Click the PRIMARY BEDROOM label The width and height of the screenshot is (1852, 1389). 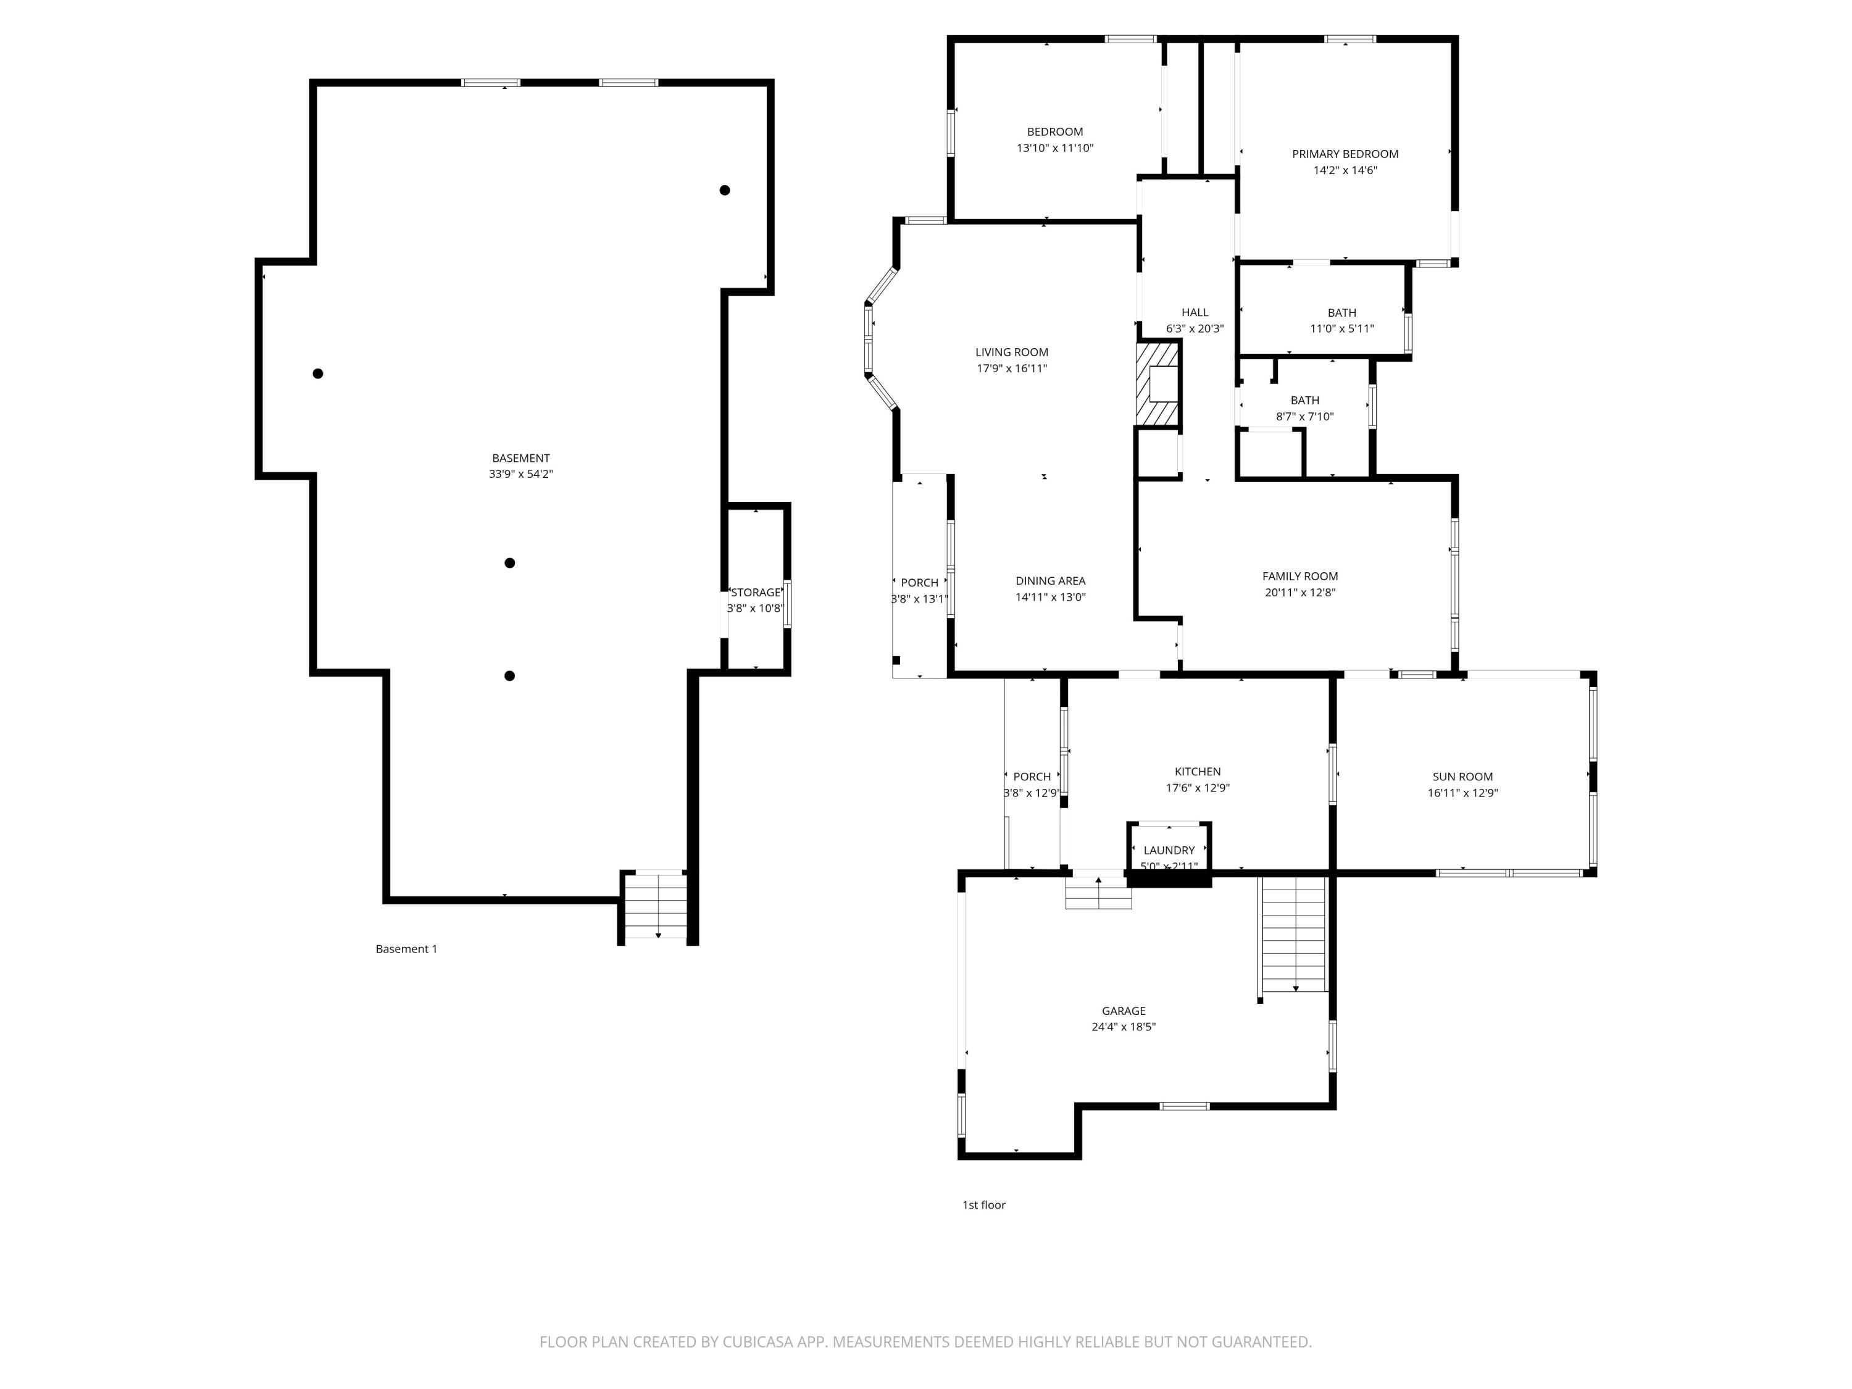click(x=1345, y=154)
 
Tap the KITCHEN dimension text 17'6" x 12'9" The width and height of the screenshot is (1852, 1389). click(x=1197, y=788)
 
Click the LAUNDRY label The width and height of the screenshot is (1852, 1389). click(x=1169, y=851)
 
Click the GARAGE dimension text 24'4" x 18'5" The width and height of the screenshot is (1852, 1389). click(x=1123, y=1027)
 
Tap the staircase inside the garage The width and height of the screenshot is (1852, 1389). click(x=1293, y=933)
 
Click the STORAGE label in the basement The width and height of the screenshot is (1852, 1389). click(x=755, y=593)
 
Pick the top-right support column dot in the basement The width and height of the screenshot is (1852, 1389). click(x=724, y=190)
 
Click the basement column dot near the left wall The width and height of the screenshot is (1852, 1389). click(x=318, y=373)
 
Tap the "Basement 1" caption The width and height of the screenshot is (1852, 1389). click(x=406, y=949)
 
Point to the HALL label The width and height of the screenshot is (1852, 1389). click(x=1195, y=312)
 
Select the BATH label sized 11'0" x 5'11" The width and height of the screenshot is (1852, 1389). click(x=1341, y=313)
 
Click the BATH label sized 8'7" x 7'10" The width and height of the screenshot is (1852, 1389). click(x=1304, y=400)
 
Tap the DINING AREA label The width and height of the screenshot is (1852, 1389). click(x=1050, y=581)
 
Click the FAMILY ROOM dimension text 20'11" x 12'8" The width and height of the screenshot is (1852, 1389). click(x=1299, y=593)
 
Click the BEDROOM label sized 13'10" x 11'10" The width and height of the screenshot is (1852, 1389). click(x=1055, y=131)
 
